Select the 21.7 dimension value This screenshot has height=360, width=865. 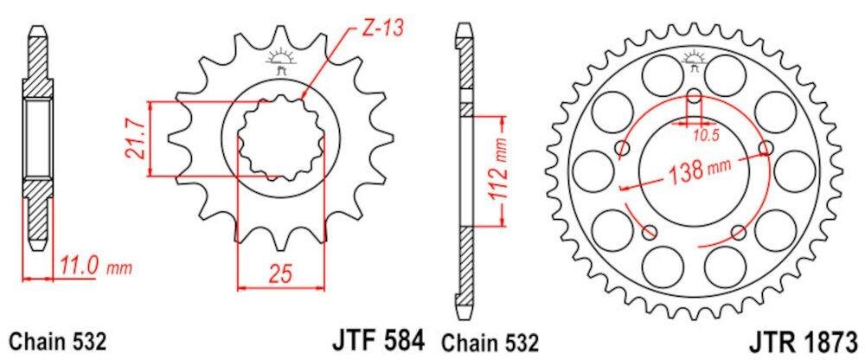pos(132,139)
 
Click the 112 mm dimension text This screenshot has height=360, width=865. pos(498,170)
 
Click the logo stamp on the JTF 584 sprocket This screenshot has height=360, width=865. pos(279,62)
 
